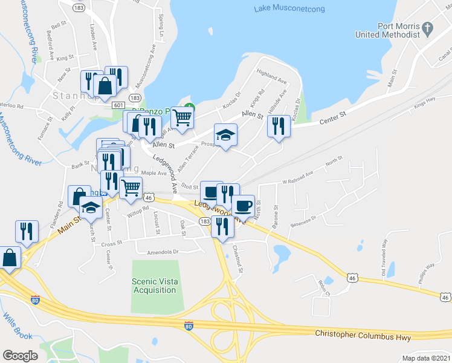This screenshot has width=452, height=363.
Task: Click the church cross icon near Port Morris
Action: click(428, 28)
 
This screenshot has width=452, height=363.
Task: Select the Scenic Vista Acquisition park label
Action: click(154, 286)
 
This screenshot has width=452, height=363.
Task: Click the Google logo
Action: click(20, 355)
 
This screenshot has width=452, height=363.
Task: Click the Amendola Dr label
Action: click(159, 251)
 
